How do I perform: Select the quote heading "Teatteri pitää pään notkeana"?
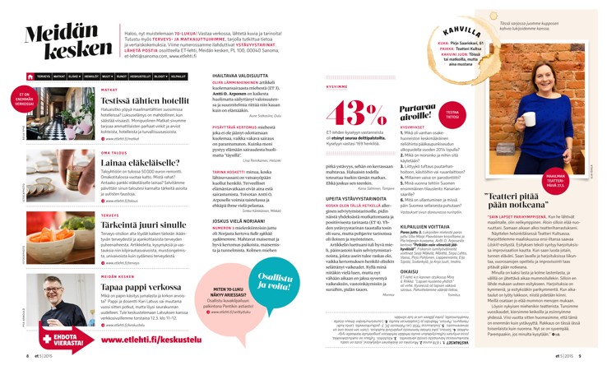539,197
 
